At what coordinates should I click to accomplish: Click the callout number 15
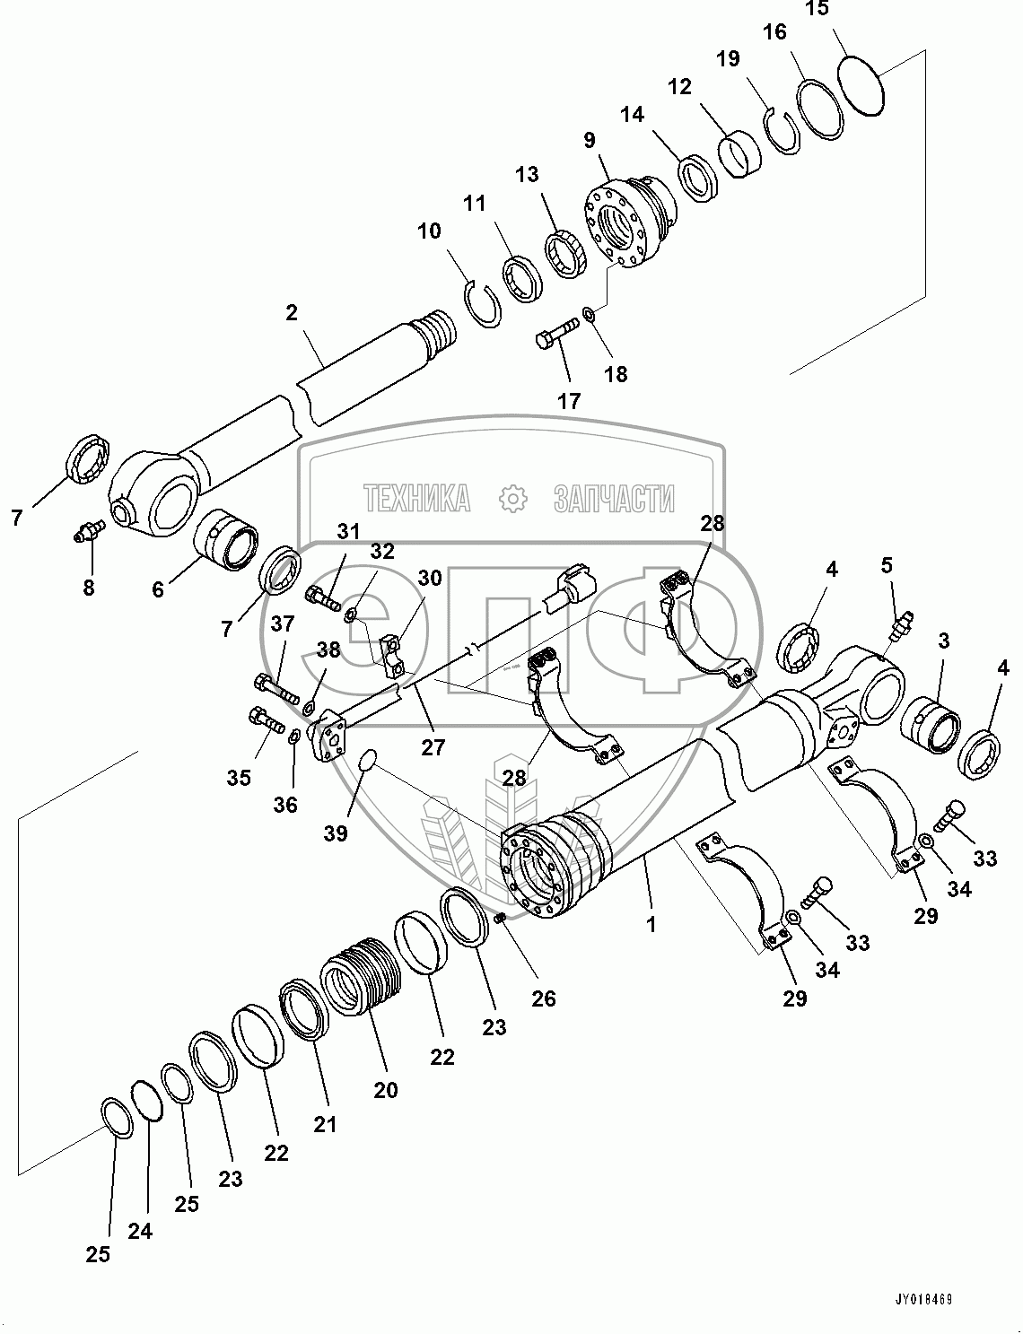[x=818, y=11]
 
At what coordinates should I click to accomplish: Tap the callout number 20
[x=386, y=1089]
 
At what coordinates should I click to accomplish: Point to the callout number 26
[x=544, y=998]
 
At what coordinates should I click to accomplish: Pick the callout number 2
[x=292, y=313]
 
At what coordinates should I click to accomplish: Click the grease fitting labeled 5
[x=903, y=623]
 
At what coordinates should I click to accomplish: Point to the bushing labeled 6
[x=227, y=541]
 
